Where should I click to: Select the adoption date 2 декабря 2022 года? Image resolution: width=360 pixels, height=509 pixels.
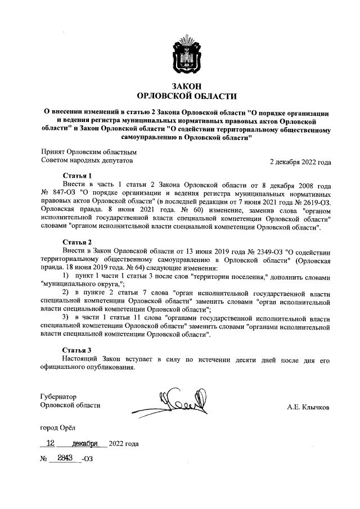tap(300, 163)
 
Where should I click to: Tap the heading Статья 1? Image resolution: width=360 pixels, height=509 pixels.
tap(77, 175)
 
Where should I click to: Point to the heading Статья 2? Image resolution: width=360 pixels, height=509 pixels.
tap(77, 242)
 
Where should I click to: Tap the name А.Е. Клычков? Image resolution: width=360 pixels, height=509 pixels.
tap(308, 407)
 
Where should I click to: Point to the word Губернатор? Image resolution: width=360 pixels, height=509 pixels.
tap(58, 397)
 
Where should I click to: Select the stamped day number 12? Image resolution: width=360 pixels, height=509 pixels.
tap(52, 443)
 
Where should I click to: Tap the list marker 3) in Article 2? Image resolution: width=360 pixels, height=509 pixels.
tap(66, 318)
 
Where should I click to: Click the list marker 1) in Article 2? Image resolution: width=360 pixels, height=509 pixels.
tap(66, 276)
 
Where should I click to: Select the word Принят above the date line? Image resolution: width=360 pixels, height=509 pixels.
tap(54, 152)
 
